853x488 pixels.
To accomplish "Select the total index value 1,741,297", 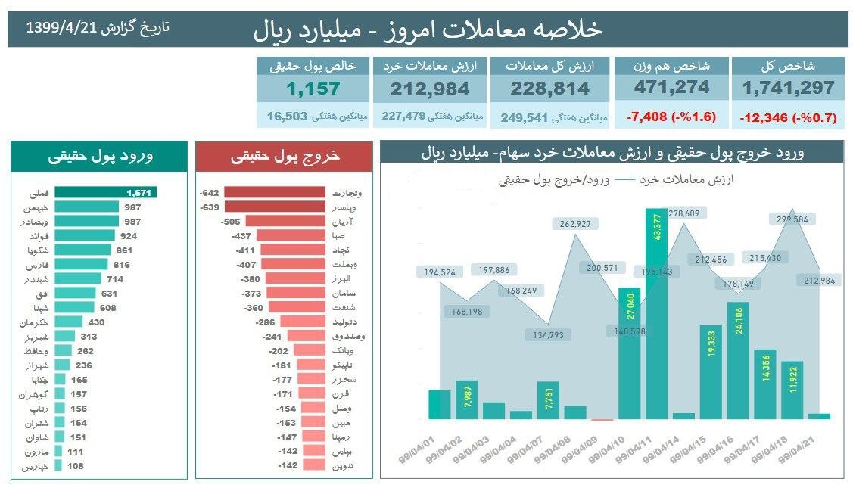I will [788, 88].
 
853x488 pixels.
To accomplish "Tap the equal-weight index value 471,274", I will [671, 88].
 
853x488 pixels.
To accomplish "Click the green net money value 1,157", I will [313, 89].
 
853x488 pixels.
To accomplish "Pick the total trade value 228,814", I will [550, 89].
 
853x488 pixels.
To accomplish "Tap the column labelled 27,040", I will [630, 353].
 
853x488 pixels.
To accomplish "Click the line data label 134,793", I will [549, 335].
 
